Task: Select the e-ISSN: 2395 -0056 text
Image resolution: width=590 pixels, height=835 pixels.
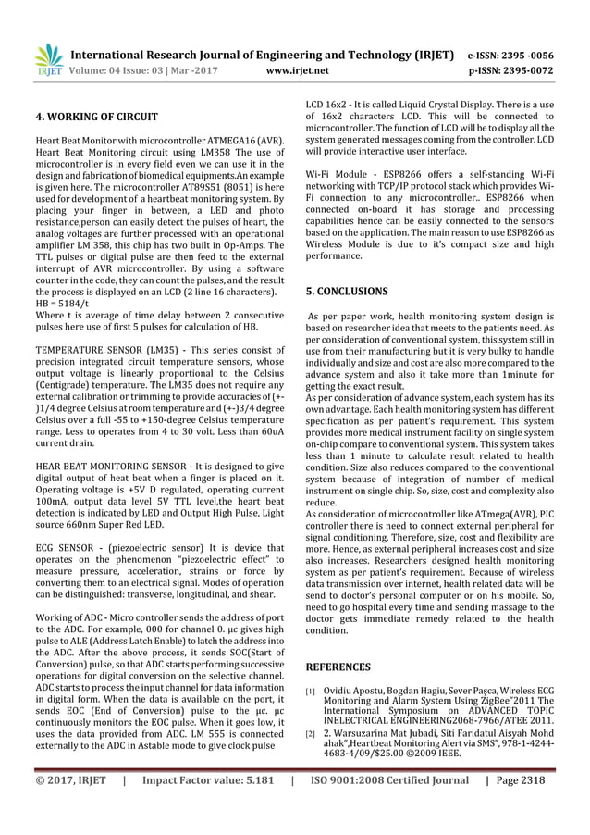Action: (x=523, y=54)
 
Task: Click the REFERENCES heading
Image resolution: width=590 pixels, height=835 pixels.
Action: (x=338, y=667)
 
